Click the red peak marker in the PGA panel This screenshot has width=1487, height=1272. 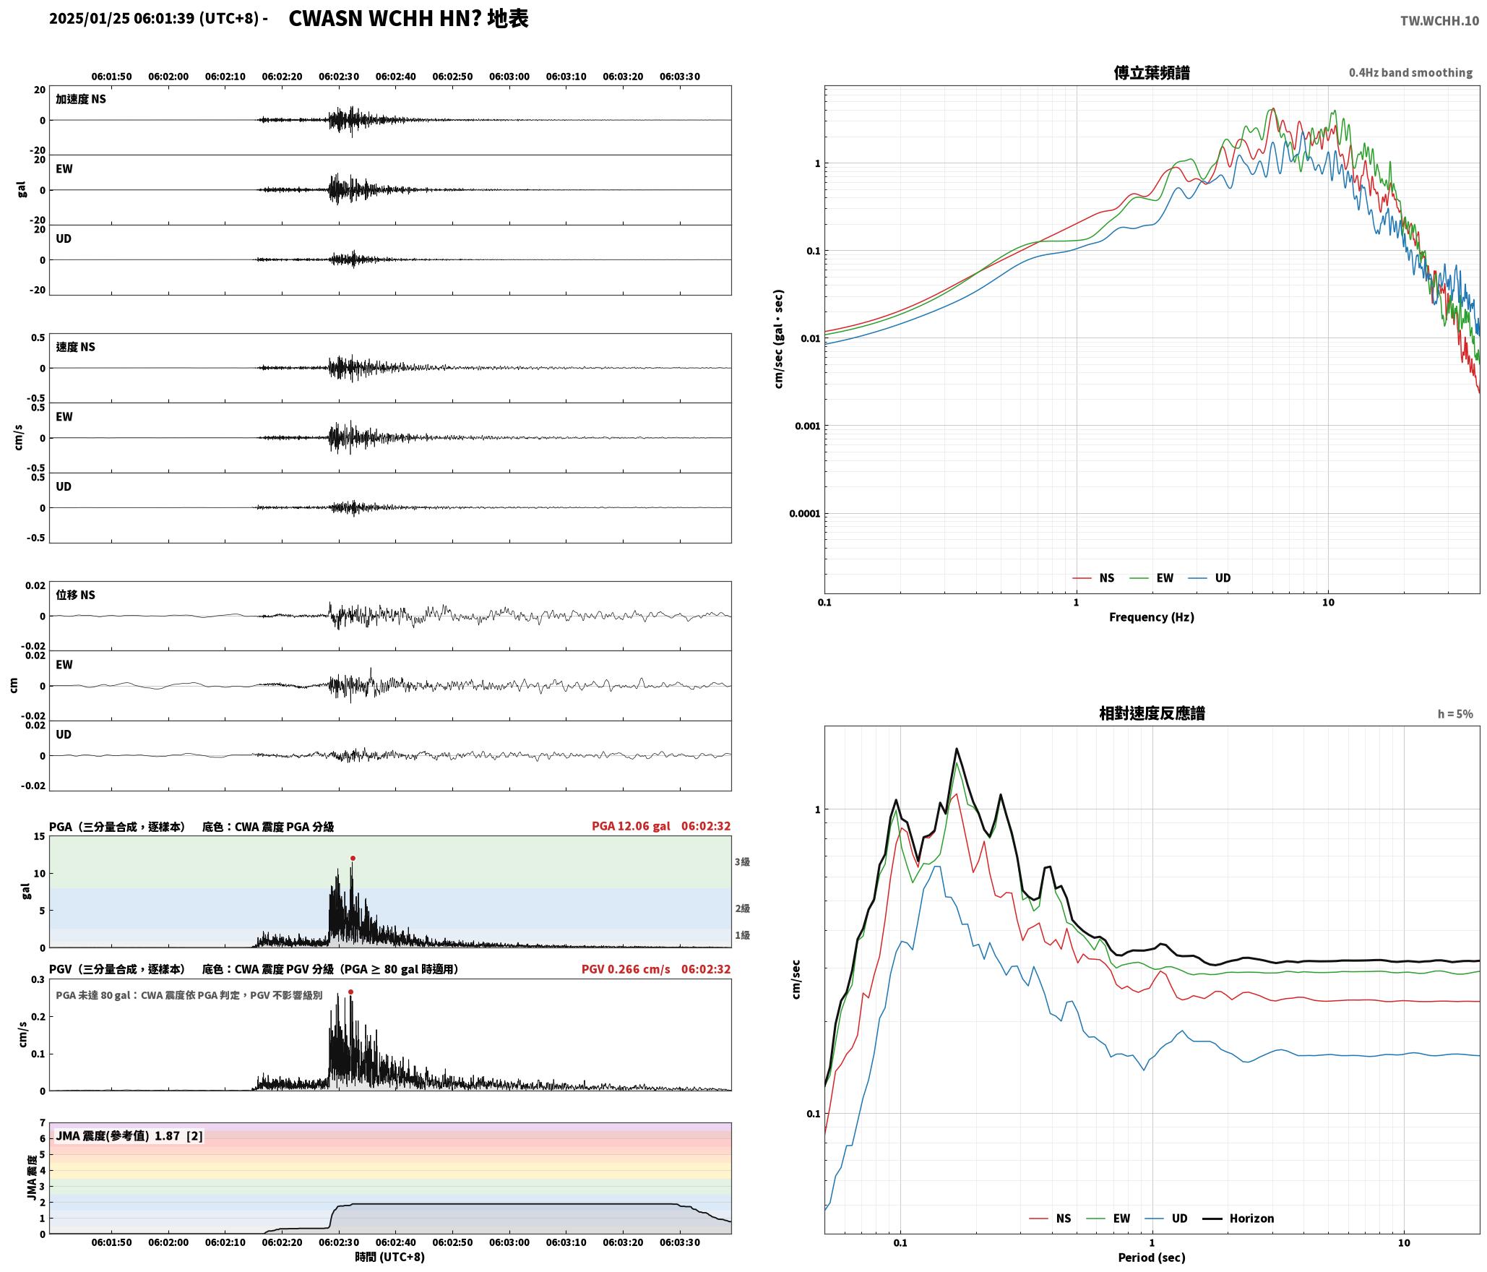pyautogui.click(x=353, y=858)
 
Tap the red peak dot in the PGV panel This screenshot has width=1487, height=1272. pyautogui.click(x=350, y=992)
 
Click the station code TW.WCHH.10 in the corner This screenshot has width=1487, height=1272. pyautogui.click(x=1439, y=21)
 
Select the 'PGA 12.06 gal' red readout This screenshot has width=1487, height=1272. pyautogui.click(x=631, y=826)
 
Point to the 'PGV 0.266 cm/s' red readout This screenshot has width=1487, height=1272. pyautogui.click(x=626, y=969)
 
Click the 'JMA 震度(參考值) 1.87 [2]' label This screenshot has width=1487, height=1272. pyautogui.click(x=129, y=1136)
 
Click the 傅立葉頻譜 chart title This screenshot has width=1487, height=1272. pyautogui.click(x=1152, y=73)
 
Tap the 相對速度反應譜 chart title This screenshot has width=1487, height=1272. pyautogui.click(x=1152, y=713)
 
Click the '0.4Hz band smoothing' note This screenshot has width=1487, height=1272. pyautogui.click(x=1410, y=73)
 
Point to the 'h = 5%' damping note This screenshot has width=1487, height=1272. pyautogui.click(x=1455, y=714)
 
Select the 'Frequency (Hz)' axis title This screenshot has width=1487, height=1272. pyautogui.click(x=1152, y=617)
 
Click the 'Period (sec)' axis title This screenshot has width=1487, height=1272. pyautogui.click(x=1152, y=1258)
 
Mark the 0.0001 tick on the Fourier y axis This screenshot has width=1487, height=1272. pyautogui.click(x=804, y=514)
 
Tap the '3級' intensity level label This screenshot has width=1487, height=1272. pyautogui.click(x=742, y=862)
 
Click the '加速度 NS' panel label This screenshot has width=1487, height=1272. pyautogui.click(x=81, y=99)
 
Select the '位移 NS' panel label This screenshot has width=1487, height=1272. pyautogui.click(x=76, y=595)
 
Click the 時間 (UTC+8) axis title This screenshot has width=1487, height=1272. pyautogui.click(x=389, y=1257)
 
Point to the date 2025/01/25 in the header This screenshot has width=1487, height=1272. pyautogui.click(x=90, y=19)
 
